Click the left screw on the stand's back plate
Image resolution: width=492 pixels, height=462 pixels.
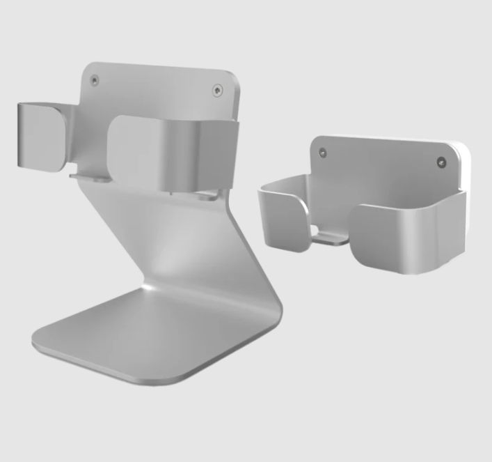(x=97, y=80)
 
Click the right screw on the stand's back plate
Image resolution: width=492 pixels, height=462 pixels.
(x=218, y=89)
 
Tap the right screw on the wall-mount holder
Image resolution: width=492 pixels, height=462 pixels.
(x=440, y=162)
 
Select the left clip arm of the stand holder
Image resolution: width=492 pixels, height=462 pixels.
(x=42, y=137)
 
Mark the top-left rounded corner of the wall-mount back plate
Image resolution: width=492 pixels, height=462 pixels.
(x=315, y=139)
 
